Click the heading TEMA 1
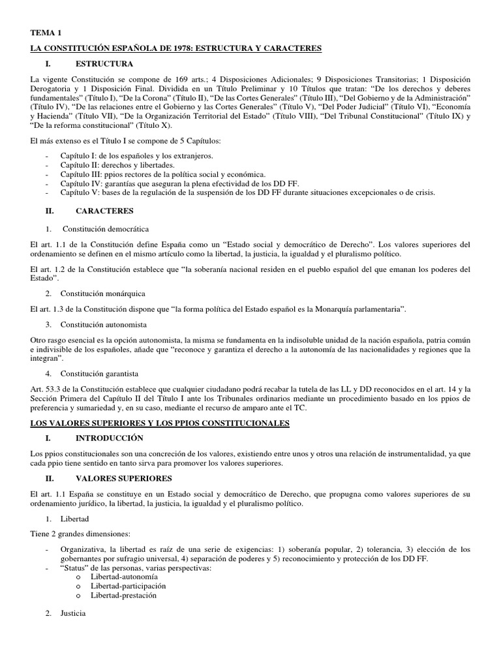pos(45,32)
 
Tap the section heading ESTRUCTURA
pos(104,64)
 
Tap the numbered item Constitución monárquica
pos(103,293)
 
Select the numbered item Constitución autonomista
pos(104,324)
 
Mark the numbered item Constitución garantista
pos(100,374)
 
